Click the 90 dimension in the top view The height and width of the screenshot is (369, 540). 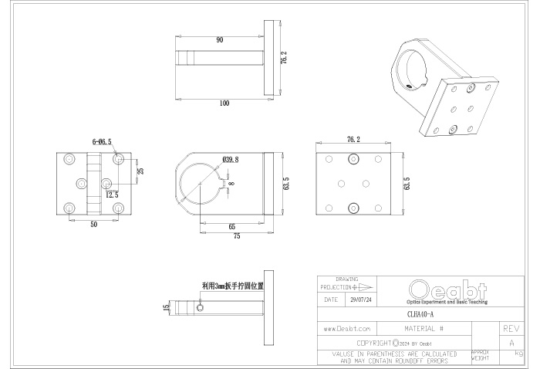[220, 39]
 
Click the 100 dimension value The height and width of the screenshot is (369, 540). [224, 103]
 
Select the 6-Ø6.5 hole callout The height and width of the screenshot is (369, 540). [102, 142]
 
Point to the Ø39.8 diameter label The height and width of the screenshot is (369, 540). [230, 159]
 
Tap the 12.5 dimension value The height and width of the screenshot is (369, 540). [113, 195]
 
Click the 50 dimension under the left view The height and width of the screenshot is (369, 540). [94, 225]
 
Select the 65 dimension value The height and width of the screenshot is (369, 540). [231, 227]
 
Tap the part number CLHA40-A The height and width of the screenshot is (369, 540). [420, 314]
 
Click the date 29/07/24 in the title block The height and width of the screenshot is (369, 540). [360, 299]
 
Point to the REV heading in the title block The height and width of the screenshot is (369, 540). [511, 328]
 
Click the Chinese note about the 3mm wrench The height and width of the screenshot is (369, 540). [231, 285]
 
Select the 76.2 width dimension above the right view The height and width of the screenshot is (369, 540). [352, 140]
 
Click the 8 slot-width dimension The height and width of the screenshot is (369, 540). [231, 183]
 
